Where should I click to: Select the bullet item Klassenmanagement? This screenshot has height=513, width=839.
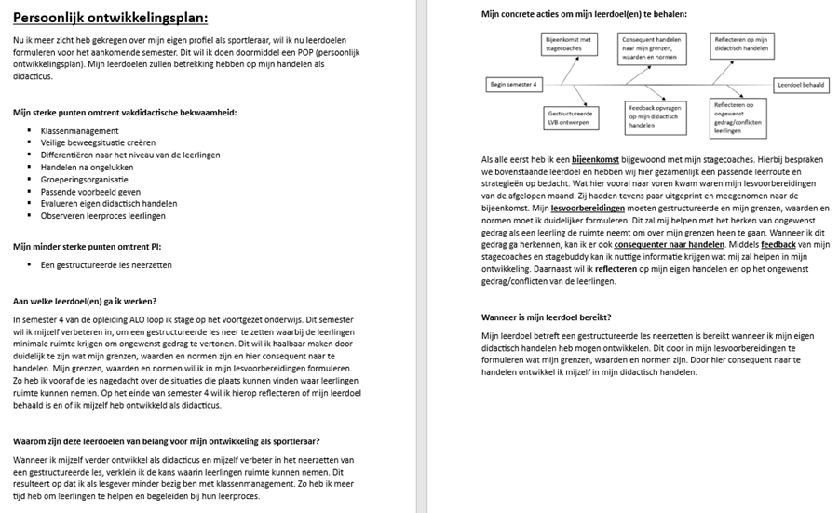79,131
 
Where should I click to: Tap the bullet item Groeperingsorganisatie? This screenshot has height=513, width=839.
85,180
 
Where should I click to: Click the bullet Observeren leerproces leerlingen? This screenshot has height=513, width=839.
102,216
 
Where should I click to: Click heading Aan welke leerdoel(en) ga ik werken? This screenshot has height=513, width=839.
85,301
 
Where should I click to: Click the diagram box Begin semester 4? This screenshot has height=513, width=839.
514,85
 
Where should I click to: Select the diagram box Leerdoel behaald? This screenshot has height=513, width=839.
801,85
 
